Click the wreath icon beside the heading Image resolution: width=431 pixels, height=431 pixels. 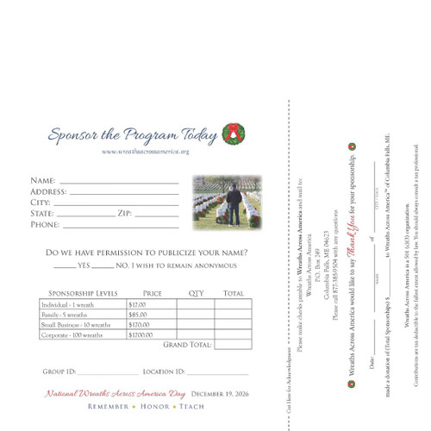(x=234, y=133)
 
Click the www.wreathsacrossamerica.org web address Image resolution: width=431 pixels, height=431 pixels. (x=145, y=152)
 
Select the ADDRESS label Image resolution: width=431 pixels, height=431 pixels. (x=48, y=191)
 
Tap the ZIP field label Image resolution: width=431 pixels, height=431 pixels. (x=124, y=213)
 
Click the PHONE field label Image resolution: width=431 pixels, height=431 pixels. (x=45, y=224)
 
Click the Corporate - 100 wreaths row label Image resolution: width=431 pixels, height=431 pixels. (x=72, y=334)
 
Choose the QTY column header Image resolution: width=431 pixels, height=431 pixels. (x=195, y=294)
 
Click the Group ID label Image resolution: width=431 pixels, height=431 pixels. (x=59, y=372)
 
